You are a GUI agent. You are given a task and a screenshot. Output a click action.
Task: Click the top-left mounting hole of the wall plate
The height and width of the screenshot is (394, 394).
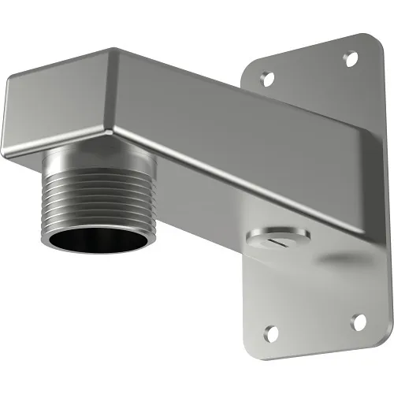pyautogui.click(x=267, y=78)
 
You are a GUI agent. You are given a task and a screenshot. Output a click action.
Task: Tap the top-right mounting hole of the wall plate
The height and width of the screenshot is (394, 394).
pyautogui.click(x=351, y=58)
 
